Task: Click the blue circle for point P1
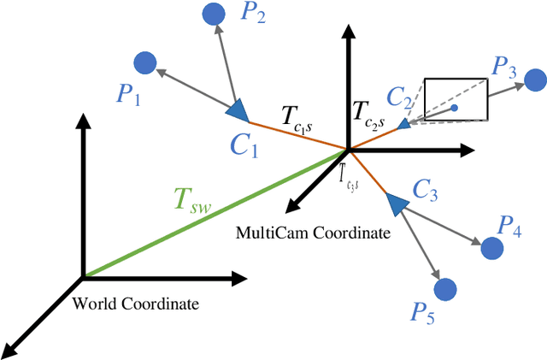click(x=145, y=62)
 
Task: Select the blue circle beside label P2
click(x=213, y=14)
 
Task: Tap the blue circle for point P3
click(x=534, y=80)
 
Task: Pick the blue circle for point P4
click(x=491, y=249)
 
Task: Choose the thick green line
click(x=214, y=214)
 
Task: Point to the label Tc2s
click(x=369, y=115)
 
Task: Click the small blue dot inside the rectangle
click(x=455, y=108)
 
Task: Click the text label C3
click(x=425, y=191)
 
